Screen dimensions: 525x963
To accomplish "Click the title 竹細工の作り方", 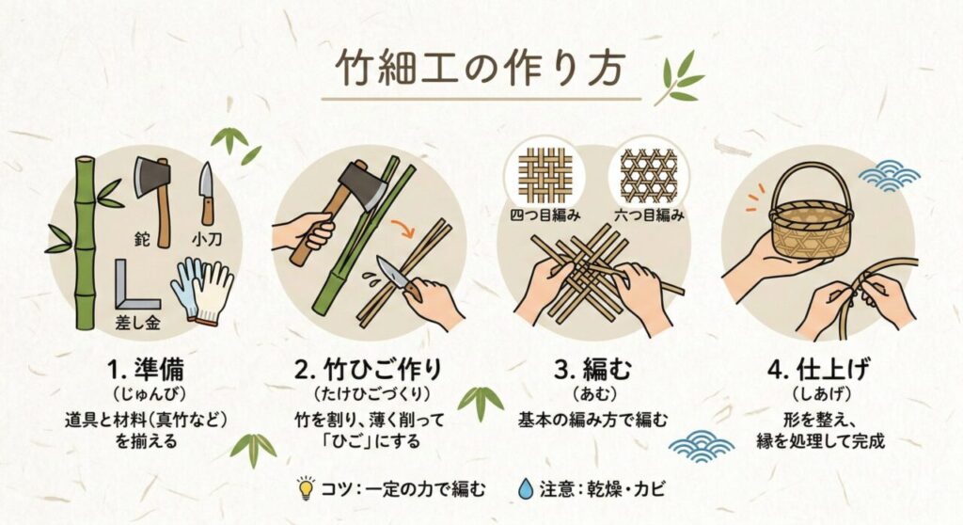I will (x=481, y=70).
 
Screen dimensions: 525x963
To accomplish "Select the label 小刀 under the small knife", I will (x=206, y=238).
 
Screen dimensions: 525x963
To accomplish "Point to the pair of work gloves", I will (x=203, y=287).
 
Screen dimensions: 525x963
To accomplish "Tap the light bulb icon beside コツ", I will (x=306, y=487).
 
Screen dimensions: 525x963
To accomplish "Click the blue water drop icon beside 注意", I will (x=526, y=488).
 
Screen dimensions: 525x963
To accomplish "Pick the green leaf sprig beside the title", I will (x=679, y=80).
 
